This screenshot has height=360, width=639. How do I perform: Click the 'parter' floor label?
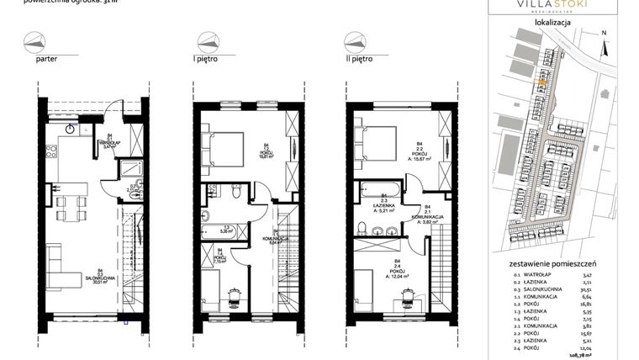pyautogui.click(x=47, y=60)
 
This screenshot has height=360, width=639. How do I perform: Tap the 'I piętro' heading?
pyautogui.click(x=207, y=60)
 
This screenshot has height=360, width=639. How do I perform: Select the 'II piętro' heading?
pyautogui.click(x=360, y=60)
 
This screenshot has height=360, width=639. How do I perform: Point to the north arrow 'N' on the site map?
pyautogui.click(x=603, y=34)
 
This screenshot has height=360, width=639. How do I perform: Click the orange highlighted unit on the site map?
pyautogui.click(x=541, y=82)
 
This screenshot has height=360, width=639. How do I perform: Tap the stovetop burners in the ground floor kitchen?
pyautogui.click(x=52, y=153)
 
